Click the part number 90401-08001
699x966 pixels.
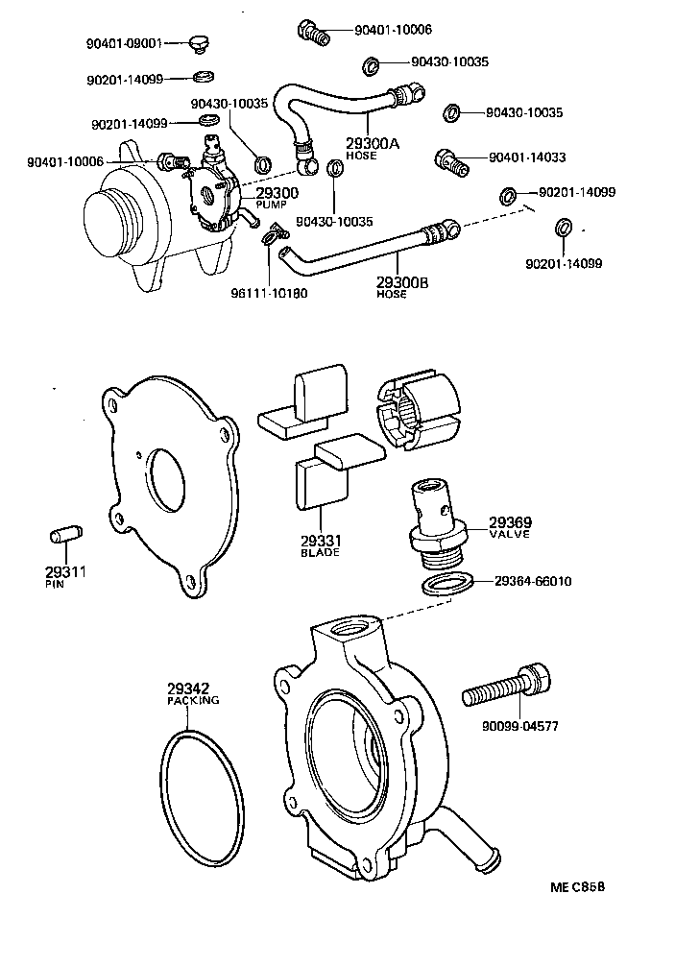tap(125, 43)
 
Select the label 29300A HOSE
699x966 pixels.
tap(372, 148)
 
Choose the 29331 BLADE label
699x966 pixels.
tap(320, 547)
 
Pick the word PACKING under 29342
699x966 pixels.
tap(194, 701)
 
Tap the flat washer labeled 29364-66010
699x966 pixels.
tap(447, 584)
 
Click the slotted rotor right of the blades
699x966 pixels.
tap(422, 408)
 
